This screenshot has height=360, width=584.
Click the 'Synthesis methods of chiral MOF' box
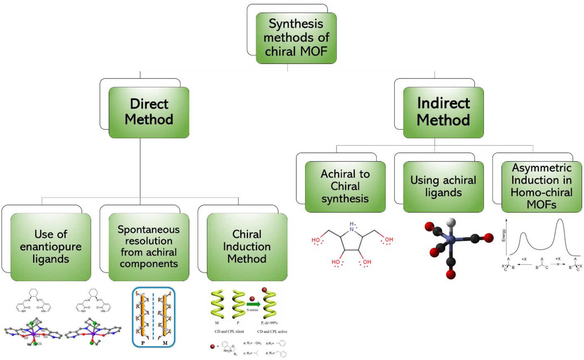296,38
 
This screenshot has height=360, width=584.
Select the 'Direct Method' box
149,112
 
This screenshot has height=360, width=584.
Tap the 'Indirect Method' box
443,112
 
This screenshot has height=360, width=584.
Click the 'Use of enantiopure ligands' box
51,247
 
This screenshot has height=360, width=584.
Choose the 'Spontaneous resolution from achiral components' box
149,247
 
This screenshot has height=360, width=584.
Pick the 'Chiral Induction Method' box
247,247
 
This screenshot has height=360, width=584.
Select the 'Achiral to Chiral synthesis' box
345,186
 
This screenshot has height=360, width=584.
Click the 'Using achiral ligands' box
443,186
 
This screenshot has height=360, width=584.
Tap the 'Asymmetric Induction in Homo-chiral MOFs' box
541,186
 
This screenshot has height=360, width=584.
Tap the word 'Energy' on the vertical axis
503,235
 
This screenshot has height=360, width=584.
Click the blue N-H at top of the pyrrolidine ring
352,227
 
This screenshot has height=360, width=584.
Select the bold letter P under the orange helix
143,343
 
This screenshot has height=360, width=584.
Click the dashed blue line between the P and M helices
153,316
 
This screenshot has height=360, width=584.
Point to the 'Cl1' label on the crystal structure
39,344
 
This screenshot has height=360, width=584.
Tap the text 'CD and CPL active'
272,331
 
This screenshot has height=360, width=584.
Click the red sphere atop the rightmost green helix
264,290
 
